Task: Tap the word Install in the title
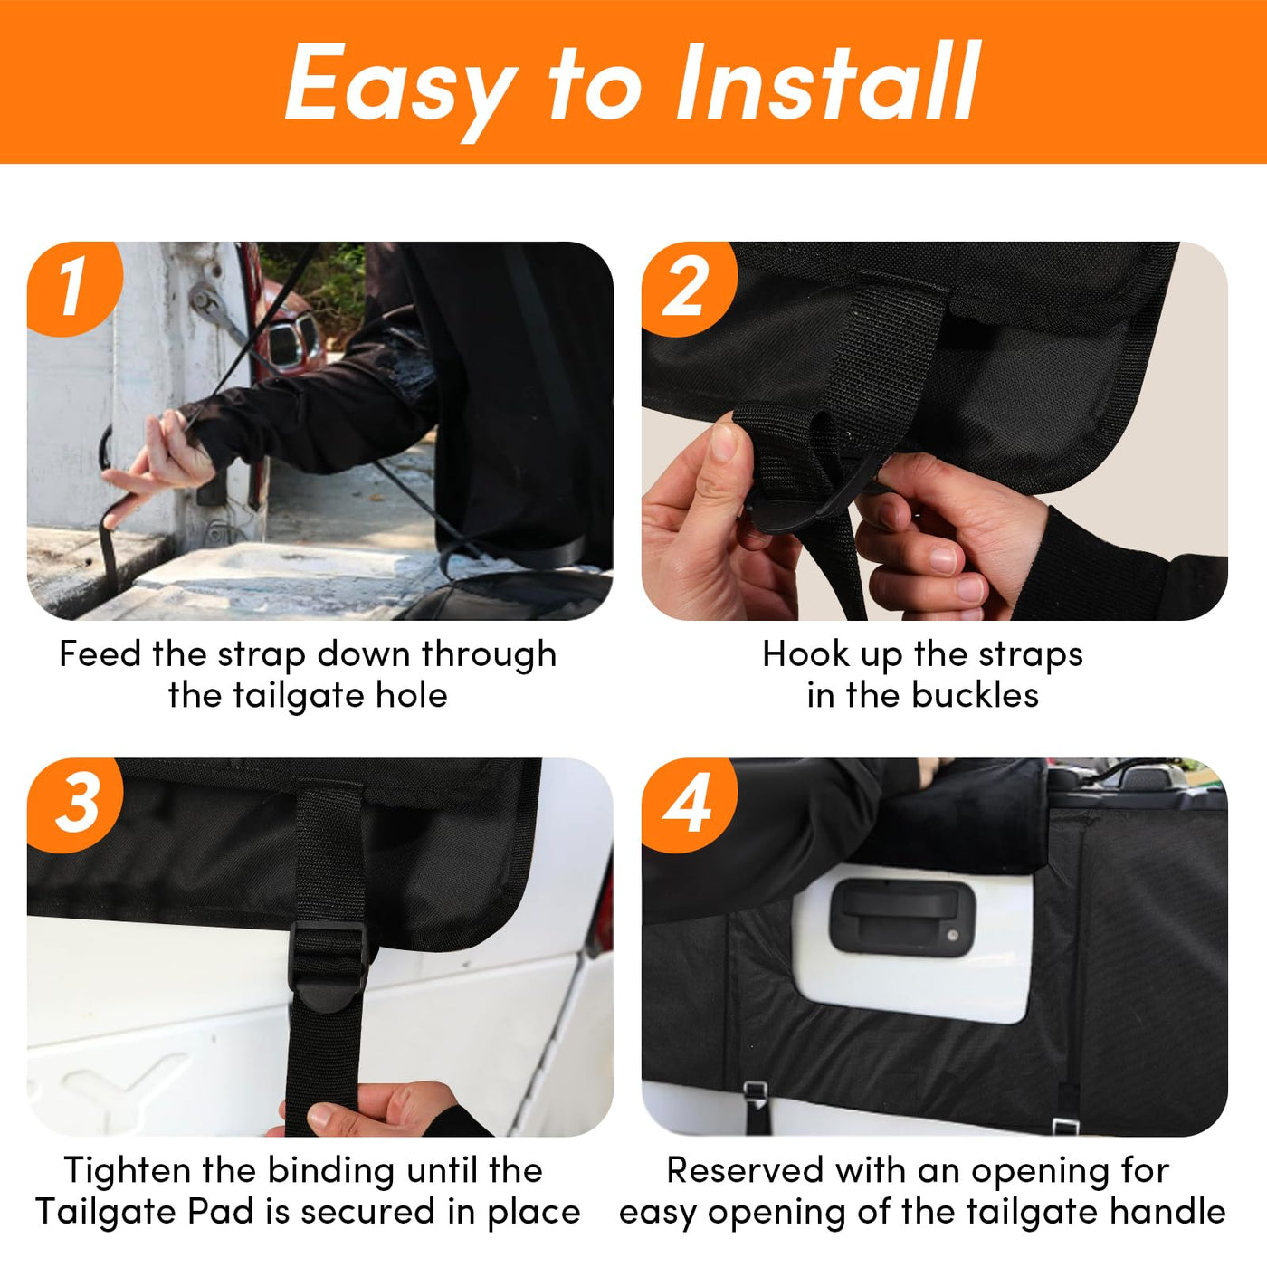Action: [x=828, y=81]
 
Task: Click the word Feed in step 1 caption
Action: [x=100, y=654]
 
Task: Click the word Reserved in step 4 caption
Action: [x=745, y=1170]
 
